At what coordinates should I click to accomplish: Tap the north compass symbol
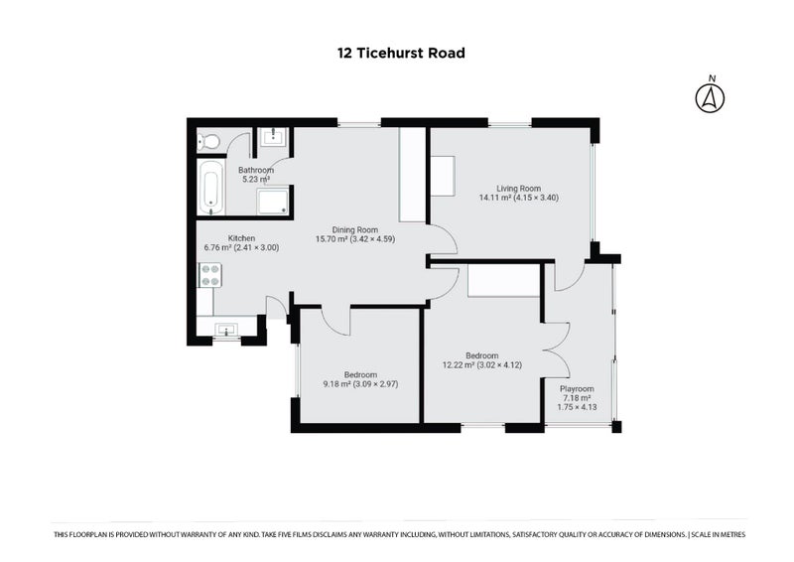click(709, 96)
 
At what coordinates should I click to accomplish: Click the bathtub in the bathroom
click(211, 189)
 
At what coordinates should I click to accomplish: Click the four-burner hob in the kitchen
click(210, 274)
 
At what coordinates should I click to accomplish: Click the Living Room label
click(518, 188)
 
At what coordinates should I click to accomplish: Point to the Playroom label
click(577, 388)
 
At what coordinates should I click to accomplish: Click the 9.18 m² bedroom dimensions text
click(359, 383)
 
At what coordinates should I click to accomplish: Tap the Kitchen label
click(242, 238)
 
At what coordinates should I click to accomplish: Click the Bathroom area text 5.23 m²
click(257, 180)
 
